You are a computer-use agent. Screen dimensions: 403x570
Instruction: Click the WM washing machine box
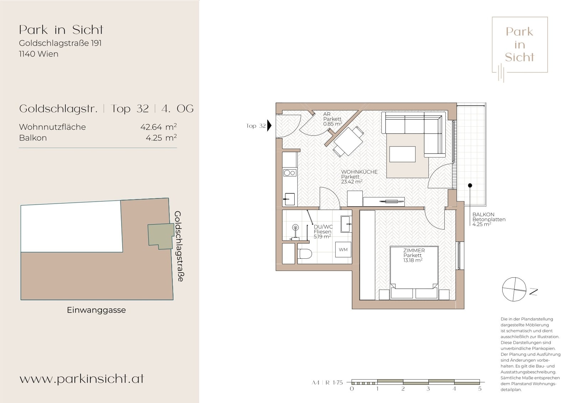343,249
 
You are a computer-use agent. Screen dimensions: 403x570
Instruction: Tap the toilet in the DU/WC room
305,254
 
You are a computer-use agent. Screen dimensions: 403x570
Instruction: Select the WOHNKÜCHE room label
359,172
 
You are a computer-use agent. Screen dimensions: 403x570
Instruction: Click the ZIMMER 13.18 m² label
413,255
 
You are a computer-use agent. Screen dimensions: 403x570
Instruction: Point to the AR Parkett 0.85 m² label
332,119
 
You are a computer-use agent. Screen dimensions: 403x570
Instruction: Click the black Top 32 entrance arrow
269,125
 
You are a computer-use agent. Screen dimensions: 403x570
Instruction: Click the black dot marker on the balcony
470,185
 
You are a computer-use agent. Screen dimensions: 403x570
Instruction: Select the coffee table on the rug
402,154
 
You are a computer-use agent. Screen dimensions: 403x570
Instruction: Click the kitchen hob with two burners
289,173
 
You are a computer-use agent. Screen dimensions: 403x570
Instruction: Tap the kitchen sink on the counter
290,199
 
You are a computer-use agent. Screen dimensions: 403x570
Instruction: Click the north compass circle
514,289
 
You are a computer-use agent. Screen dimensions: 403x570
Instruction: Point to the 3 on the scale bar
428,389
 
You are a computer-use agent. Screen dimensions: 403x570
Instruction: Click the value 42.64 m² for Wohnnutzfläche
158,127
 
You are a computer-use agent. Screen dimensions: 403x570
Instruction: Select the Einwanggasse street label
96,310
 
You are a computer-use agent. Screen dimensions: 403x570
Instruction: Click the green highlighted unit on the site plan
160,235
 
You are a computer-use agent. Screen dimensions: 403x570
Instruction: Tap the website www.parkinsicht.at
82,378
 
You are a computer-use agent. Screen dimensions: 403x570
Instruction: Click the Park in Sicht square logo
519,45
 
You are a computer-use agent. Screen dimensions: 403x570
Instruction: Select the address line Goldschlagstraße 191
60,43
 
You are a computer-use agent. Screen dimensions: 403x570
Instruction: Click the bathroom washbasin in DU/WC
346,224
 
